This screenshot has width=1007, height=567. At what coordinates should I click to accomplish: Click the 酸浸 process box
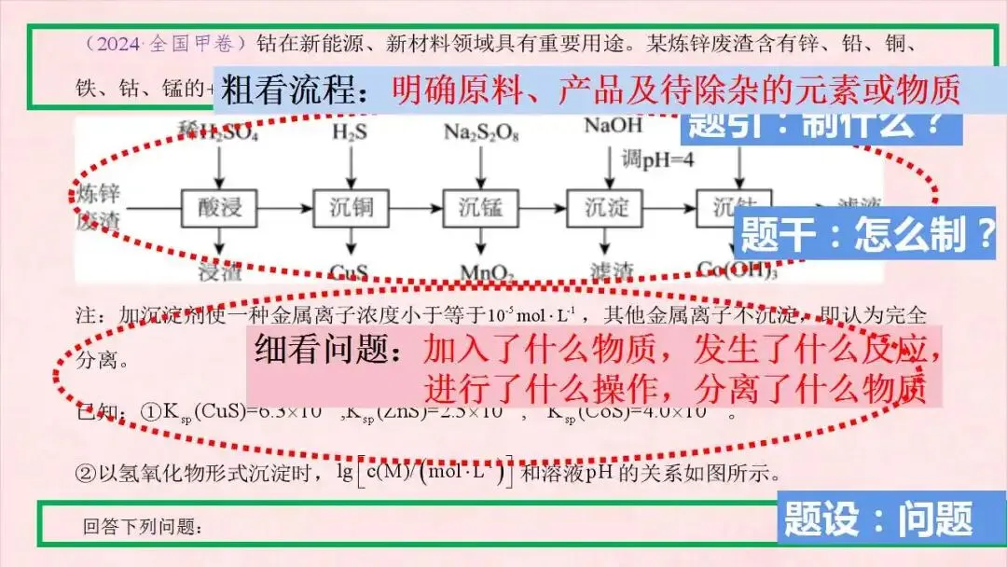(219, 206)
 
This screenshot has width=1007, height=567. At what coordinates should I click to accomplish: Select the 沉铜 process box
(350, 206)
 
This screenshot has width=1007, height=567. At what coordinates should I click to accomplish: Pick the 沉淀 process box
(607, 206)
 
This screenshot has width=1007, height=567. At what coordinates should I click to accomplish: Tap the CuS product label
(349, 273)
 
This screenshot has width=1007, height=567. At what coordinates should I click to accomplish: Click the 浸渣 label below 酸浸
(220, 272)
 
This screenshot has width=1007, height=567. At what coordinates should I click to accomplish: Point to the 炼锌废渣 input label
(95, 207)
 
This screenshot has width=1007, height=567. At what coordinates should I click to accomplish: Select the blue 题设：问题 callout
(878, 519)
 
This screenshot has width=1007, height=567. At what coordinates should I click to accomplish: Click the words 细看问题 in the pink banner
(330, 349)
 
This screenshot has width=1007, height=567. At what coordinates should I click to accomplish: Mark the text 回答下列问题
(142, 527)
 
